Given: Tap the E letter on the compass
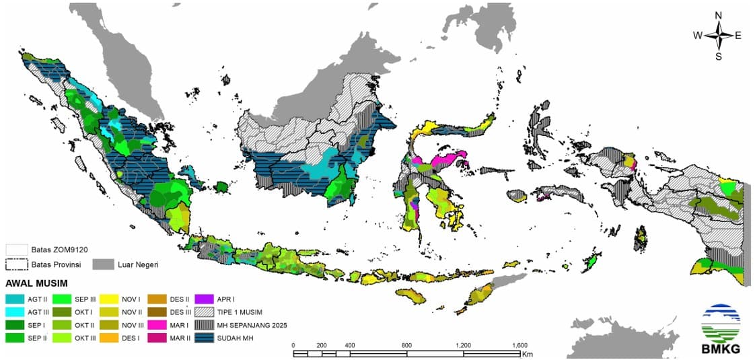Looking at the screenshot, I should (x=738, y=36).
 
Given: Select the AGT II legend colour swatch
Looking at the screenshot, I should (x=15, y=298).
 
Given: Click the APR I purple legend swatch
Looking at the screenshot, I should (x=205, y=298).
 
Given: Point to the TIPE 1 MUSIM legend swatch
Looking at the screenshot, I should (x=205, y=312).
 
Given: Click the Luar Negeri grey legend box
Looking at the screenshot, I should (x=102, y=264).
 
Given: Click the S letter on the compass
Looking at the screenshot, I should (x=718, y=57).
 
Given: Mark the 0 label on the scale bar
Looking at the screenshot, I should (x=293, y=345).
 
